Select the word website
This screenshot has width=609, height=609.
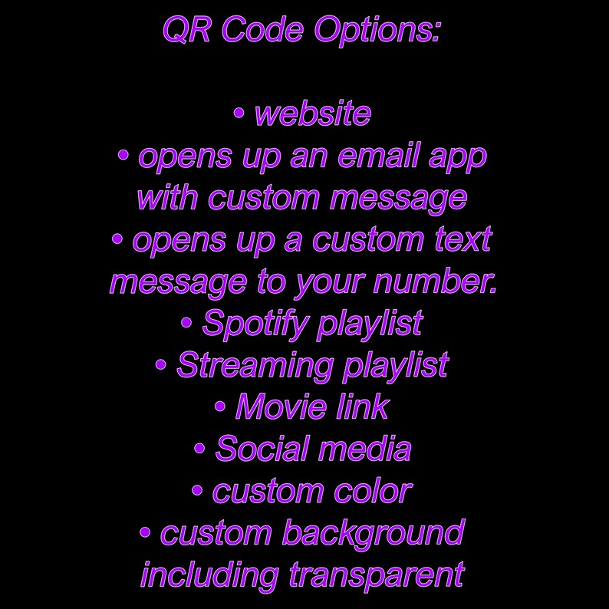click(x=312, y=114)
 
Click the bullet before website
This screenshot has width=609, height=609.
click(x=239, y=114)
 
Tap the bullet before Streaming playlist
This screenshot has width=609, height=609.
click(x=160, y=366)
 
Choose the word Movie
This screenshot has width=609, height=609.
click(x=270, y=407)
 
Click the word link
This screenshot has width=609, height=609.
click(x=363, y=407)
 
